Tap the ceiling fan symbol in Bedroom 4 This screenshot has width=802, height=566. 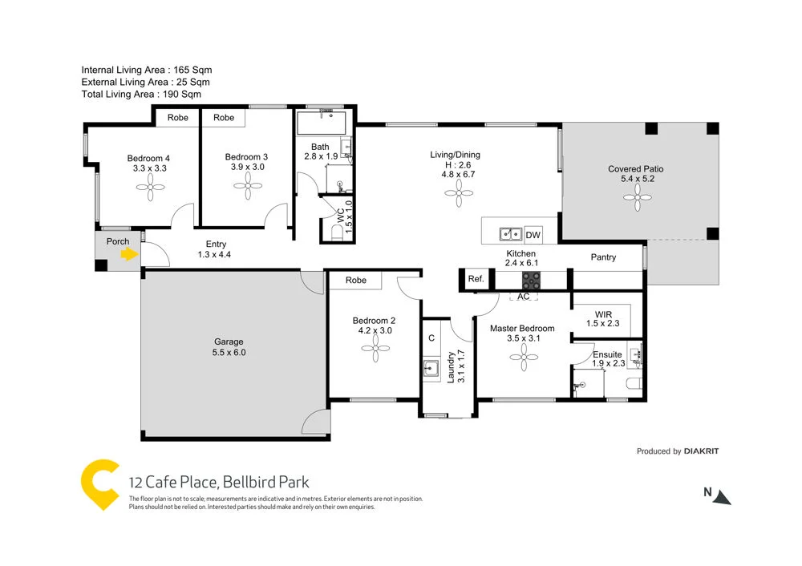point(149,188)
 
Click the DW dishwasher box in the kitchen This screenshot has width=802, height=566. point(533,235)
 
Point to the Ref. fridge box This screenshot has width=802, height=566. point(475,280)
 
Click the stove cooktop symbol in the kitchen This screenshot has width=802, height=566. point(531,281)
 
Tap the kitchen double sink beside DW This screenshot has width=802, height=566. point(510,235)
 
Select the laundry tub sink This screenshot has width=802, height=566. point(431,370)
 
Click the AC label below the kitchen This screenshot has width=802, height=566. point(523,297)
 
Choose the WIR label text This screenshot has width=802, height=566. point(604,313)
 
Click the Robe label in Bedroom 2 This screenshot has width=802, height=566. point(356,281)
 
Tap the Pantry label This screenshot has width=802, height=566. point(603,257)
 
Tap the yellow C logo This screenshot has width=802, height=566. point(101,484)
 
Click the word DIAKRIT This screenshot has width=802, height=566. point(701,451)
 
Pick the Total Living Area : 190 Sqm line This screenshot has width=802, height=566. point(141,94)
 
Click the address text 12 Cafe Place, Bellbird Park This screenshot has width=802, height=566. point(219,483)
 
